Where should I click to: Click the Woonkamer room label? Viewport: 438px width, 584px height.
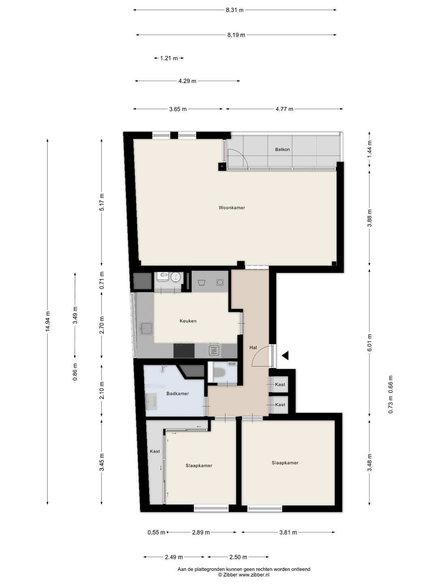[x=232, y=208]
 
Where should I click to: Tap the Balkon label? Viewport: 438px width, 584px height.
[x=282, y=150]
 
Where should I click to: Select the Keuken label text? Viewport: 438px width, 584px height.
[x=188, y=321]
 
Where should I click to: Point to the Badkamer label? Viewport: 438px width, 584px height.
[x=177, y=393]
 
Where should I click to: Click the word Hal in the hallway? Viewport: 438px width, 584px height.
[x=253, y=348]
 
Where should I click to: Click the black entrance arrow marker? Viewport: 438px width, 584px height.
[x=286, y=355]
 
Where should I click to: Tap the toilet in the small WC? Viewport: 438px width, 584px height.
[x=219, y=372]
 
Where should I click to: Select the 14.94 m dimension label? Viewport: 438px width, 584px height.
[x=47, y=322]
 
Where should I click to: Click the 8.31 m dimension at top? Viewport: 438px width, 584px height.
[x=234, y=10]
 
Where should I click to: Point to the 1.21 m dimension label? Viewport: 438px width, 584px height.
[x=169, y=58]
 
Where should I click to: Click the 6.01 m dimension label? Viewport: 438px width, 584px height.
[x=369, y=343]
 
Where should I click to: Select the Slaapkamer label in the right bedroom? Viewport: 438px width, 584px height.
[x=285, y=463]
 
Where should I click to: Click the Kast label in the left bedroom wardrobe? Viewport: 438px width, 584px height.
[x=155, y=451]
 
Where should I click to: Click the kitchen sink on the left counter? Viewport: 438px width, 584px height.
[x=146, y=328]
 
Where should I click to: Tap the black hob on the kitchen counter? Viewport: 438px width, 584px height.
[x=184, y=351]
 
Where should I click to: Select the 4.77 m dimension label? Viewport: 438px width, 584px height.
[x=284, y=109]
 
